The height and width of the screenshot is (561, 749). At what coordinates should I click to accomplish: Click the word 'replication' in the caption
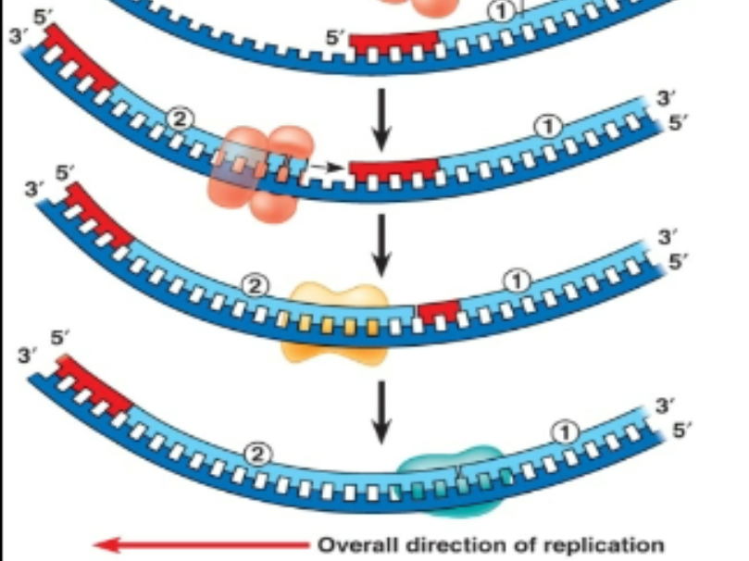coord(610,544)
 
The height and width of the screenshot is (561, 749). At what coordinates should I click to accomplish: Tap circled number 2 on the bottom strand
coord(259,454)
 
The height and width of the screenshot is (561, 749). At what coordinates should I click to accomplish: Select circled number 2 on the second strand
coord(180,118)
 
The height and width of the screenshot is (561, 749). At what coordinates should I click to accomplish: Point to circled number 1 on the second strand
coord(547,127)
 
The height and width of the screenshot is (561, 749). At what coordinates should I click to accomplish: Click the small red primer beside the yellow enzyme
coord(438,312)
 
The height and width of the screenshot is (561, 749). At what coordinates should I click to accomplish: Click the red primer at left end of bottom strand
coord(94,385)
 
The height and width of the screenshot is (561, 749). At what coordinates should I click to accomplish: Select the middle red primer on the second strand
coord(393,170)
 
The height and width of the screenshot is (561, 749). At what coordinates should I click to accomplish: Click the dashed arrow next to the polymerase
coord(330,168)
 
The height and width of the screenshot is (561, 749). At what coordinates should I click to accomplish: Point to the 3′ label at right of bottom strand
coord(666,405)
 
